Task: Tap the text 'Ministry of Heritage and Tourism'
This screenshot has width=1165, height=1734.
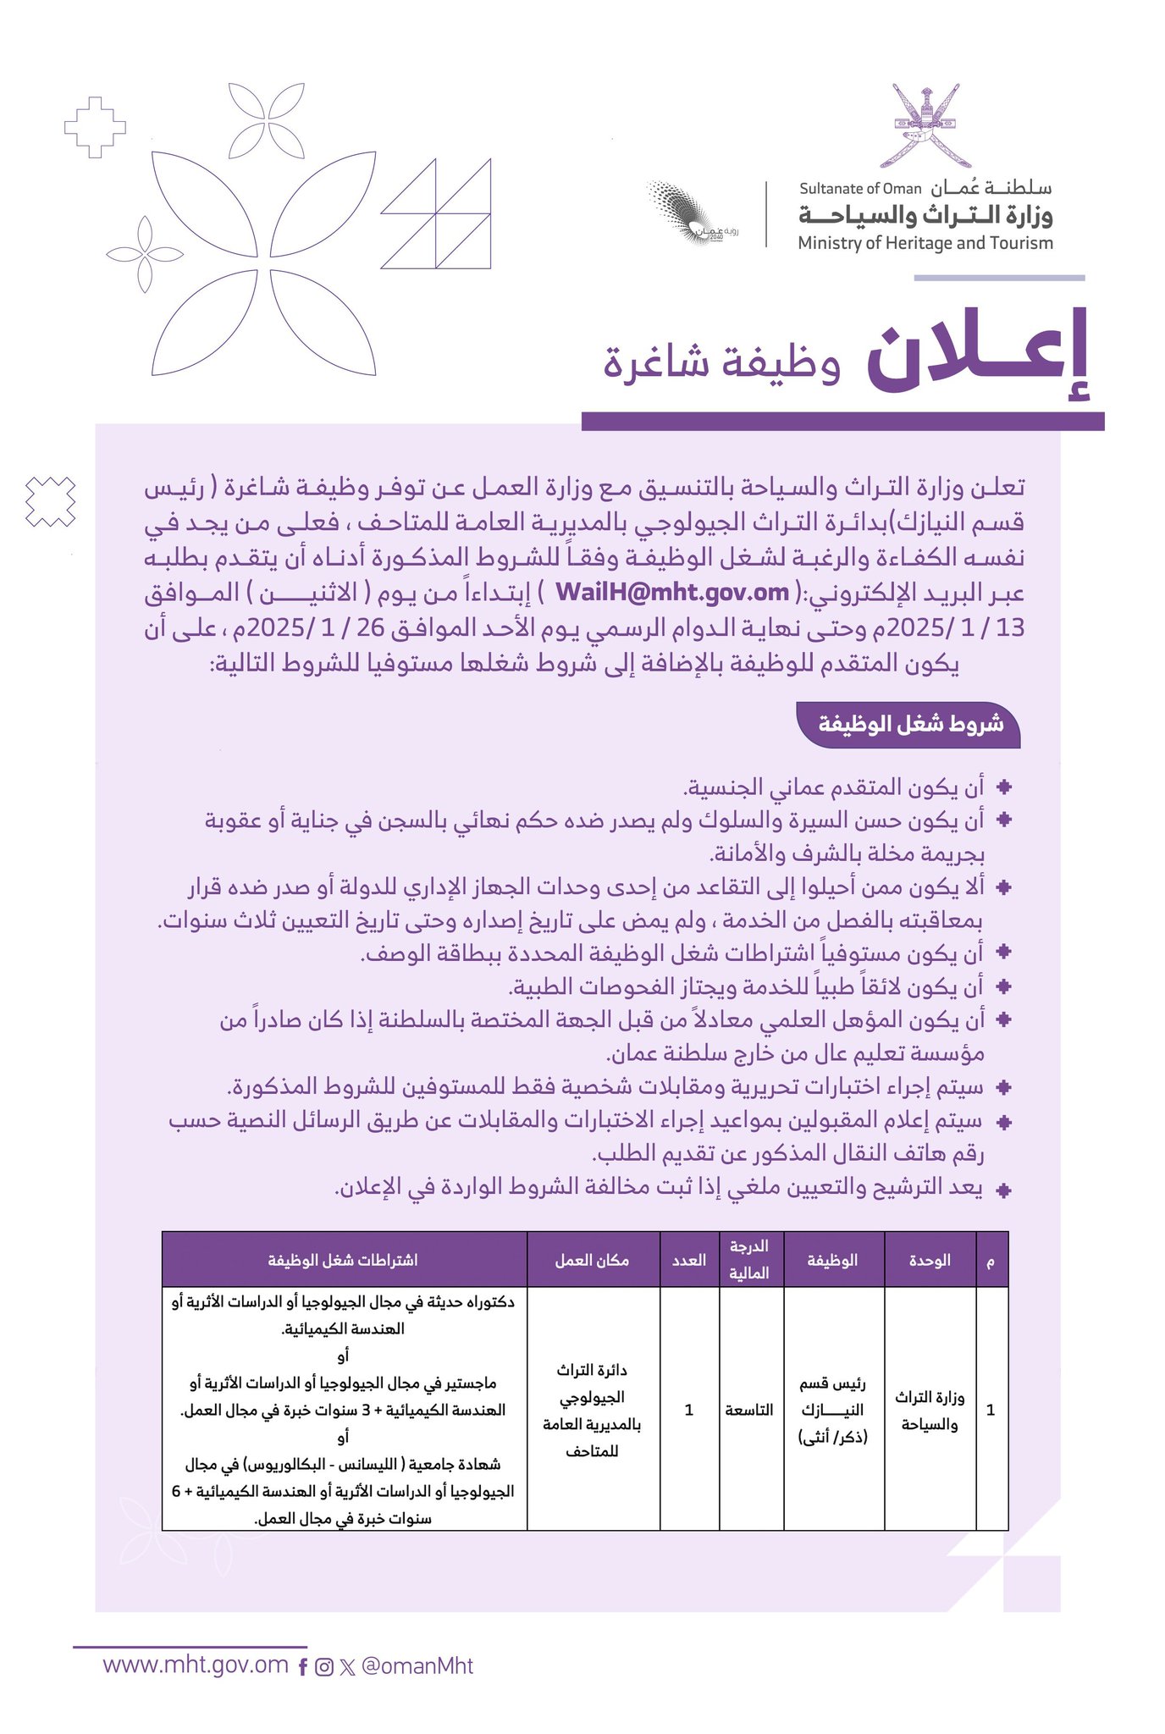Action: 925,244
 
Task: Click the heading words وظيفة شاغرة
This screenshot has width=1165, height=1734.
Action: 721,364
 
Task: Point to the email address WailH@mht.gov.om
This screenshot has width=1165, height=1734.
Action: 672,592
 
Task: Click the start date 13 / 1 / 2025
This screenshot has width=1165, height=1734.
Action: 956,627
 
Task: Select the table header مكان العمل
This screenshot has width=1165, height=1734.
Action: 593,1261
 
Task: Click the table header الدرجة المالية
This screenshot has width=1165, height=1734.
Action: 749,1260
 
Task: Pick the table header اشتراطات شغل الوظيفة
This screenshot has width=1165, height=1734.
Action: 343,1261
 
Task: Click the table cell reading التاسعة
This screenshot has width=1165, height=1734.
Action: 749,1410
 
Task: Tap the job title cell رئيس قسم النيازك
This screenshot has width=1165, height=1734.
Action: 833,1410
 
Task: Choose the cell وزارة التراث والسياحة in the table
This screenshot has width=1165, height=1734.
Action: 930,1411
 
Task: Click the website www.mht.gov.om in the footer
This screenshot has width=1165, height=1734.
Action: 196,1665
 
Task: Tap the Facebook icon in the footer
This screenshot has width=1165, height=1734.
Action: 303,1667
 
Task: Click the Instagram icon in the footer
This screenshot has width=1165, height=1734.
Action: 323,1667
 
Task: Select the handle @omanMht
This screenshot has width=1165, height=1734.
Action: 417,1666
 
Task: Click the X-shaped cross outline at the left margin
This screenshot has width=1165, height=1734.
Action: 51,501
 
